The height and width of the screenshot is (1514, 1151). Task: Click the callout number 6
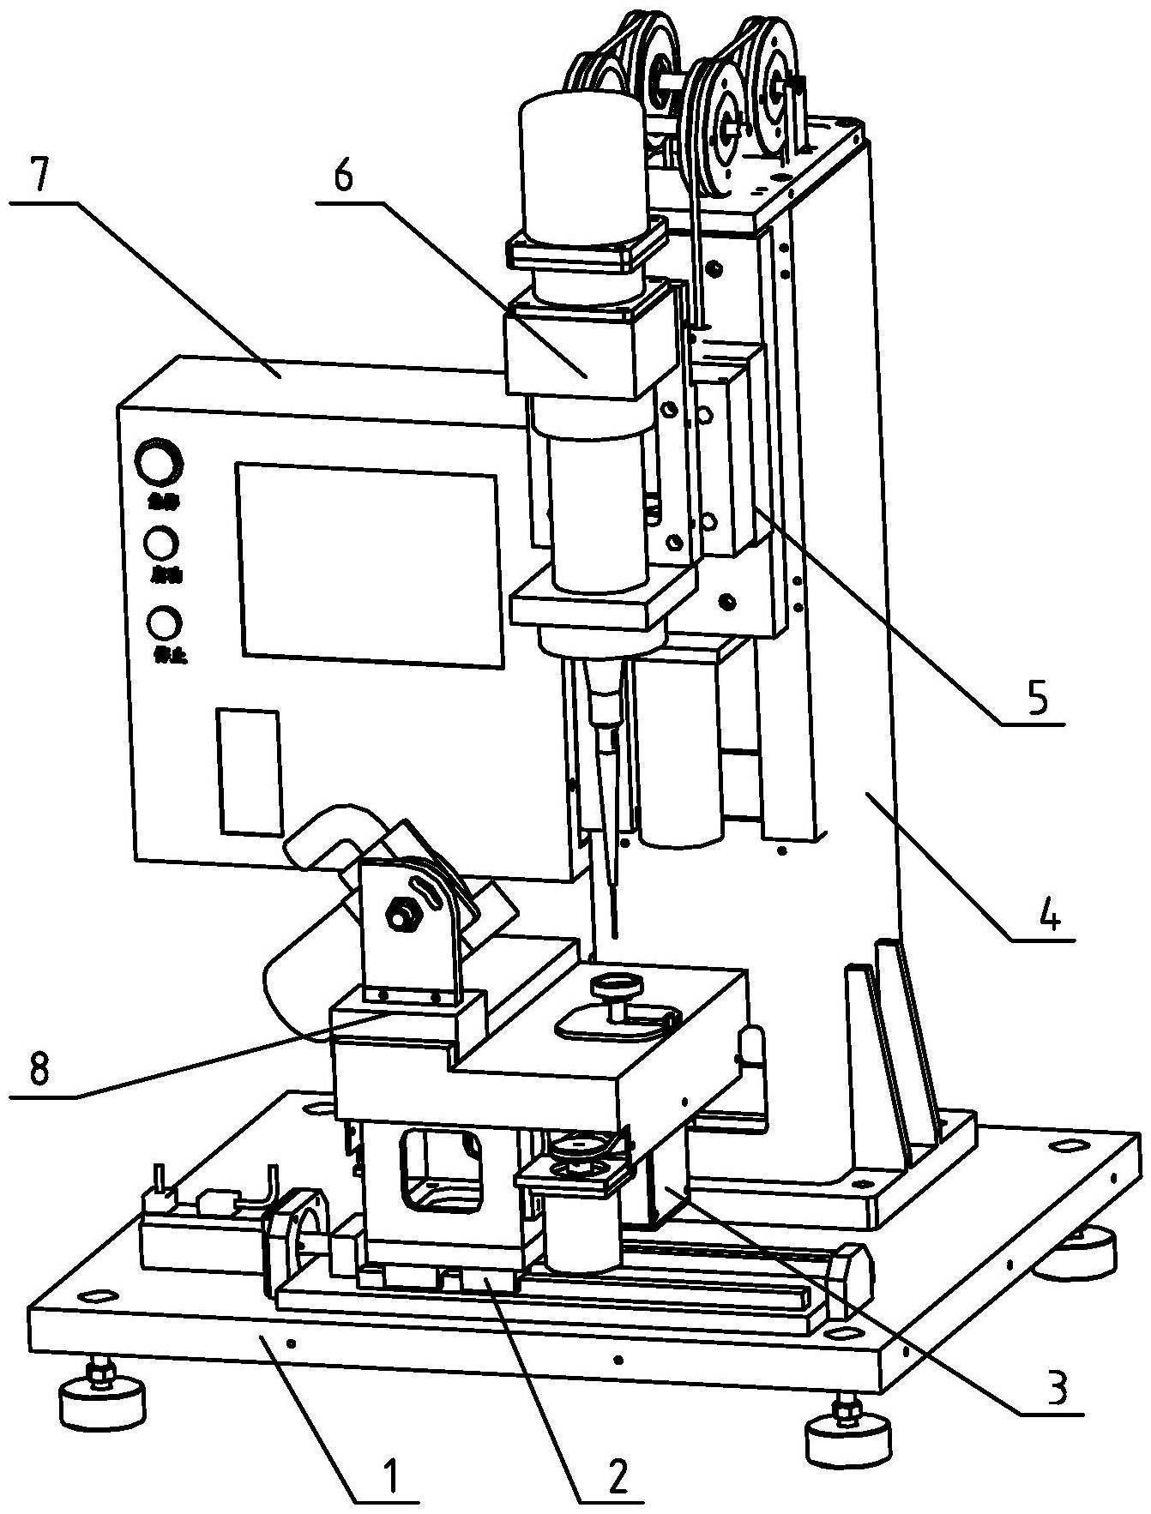tap(342, 177)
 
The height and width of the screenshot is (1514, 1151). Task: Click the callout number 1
tap(389, 1475)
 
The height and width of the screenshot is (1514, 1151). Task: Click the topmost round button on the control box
tap(160, 466)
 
